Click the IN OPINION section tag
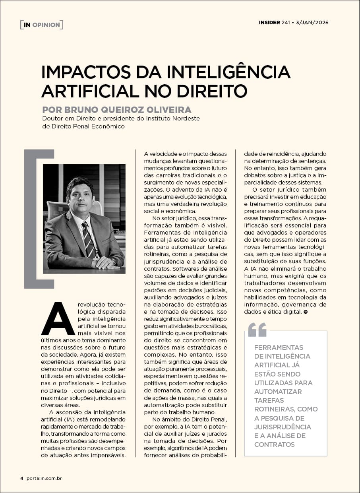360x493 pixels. [41, 25]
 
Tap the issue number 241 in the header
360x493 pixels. [286, 22]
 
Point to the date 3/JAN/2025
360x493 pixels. [312, 22]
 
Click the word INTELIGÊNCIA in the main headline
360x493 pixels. [228, 72]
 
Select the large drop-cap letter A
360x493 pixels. [58, 318]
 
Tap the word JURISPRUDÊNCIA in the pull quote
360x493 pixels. [283, 427]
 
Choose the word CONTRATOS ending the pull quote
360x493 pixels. [274, 444]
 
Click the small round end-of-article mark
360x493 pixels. [305, 312]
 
